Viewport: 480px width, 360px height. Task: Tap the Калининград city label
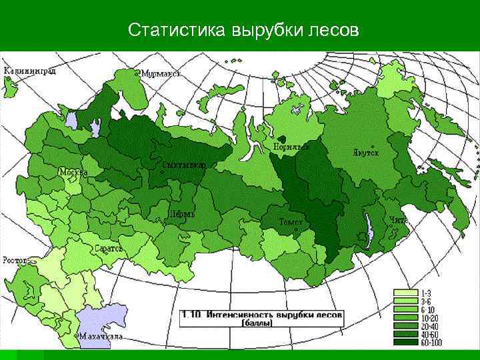point(29,70)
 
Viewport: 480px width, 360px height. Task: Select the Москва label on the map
point(73,172)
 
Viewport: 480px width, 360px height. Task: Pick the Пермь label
point(181,215)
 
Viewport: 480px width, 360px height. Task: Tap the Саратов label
point(109,248)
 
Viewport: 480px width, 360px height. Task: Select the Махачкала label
point(100,337)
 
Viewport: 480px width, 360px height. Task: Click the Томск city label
point(291,221)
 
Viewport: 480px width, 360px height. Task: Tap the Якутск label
point(365,152)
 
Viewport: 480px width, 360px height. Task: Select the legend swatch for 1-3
point(405,293)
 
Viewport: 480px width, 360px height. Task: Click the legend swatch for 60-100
point(405,342)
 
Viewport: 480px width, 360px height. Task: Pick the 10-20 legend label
point(429,317)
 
